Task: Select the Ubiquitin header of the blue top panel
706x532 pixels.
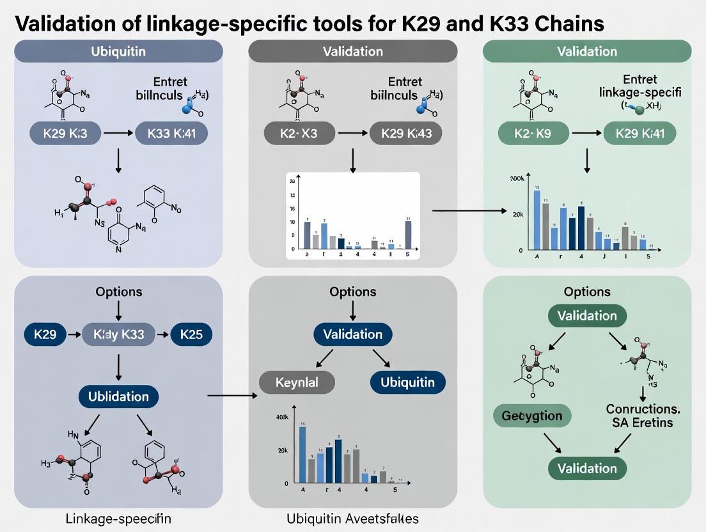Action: (118, 51)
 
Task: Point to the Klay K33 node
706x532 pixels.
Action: (119, 334)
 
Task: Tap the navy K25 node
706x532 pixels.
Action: (191, 334)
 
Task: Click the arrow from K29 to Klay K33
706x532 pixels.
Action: (75, 334)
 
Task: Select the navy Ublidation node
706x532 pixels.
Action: (118, 396)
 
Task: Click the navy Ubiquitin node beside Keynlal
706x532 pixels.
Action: (407, 382)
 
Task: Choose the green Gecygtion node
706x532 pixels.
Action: (532, 416)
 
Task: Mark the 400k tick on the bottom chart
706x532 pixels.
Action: (282, 417)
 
